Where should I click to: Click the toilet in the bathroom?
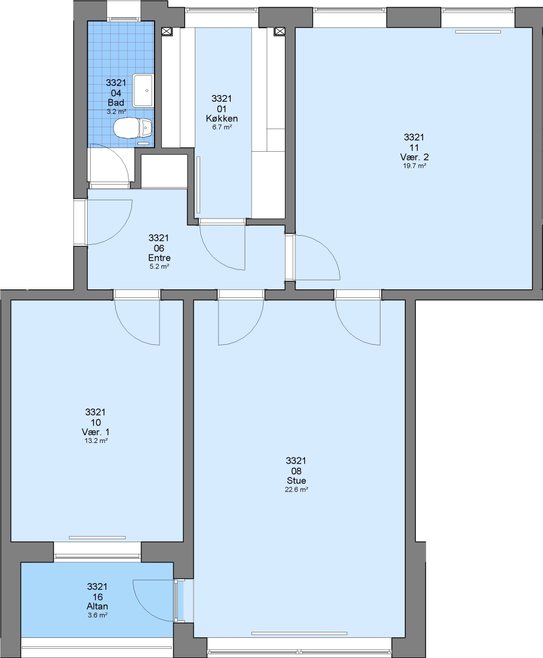click(x=133, y=127)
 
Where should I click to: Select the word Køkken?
click(x=222, y=118)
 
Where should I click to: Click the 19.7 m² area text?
click(x=415, y=166)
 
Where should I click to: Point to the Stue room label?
click(x=296, y=481)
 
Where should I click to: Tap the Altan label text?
click(x=97, y=606)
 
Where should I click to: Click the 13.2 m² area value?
click(x=96, y=440)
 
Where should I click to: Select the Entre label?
click(x=159, y=258)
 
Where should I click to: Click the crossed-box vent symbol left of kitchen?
click(x=167, y=31)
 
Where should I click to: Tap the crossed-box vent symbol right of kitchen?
click(x=279, y=31)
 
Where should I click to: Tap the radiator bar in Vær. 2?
click(x=478, y=32)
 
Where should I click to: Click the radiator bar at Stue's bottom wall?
click(x=300, y=633)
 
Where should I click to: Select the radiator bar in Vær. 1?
click(x=97, y=537)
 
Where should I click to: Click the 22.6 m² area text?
click(x=296, y=489)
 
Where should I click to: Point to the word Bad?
click(x=116, y=102)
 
